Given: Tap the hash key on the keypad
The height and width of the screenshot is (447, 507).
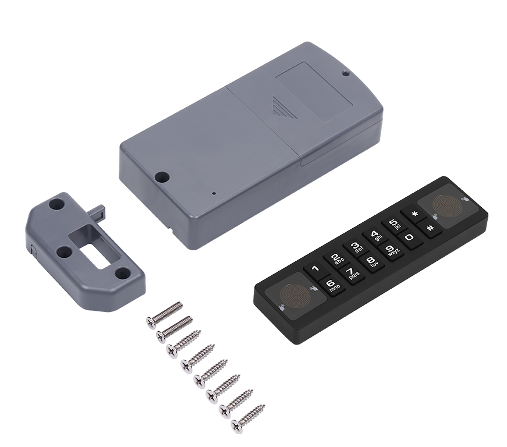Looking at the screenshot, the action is click(x=430, y=228).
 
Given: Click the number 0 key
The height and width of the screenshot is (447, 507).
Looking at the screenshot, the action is click(x=409, y=237).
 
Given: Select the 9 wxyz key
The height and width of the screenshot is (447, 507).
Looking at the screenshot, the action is click(x=392, y=250).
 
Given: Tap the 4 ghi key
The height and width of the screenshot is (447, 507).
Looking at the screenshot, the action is click(x=375, y=235).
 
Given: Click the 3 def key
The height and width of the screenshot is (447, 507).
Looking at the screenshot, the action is click(x=356, y=247).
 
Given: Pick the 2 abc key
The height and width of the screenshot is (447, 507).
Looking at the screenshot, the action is click(x=336, y=259).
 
